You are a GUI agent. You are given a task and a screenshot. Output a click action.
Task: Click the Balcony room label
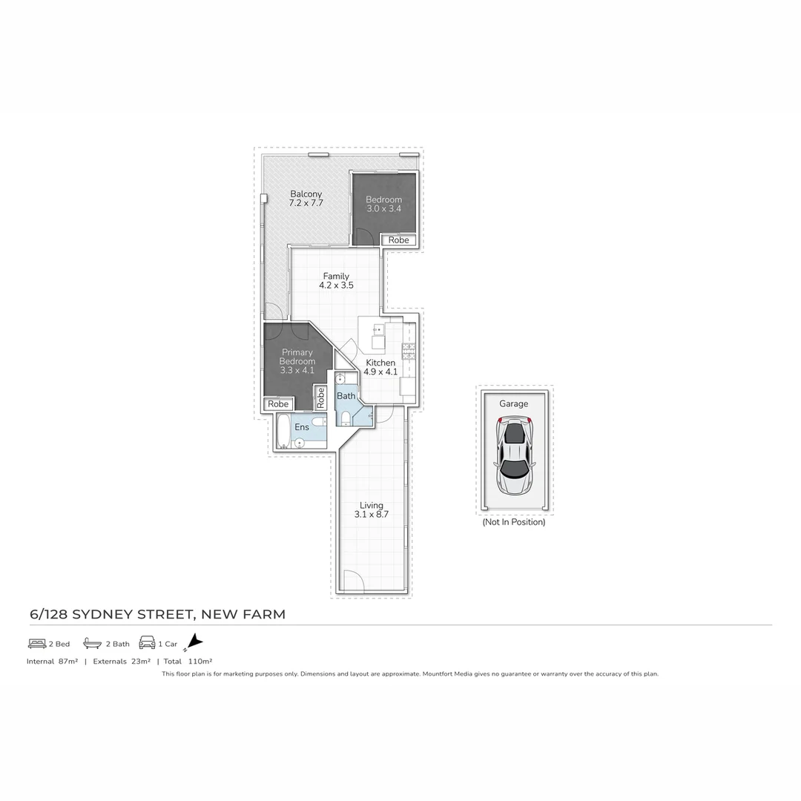pyautogui.click(x=306, y=198)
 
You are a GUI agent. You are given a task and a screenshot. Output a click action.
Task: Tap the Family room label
pyautogui.click(x=336, y=280)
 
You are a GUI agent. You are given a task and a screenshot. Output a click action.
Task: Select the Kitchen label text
pyautogui.click(x=380, y=367)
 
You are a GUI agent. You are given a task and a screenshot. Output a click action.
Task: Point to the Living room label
pyautogui.click(x=372, y=510)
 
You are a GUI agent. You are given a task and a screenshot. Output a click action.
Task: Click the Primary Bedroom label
pyautogui.click(x=297, y=361)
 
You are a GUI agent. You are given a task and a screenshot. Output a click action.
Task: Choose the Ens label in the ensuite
pyautogui.click(x=302, y=427)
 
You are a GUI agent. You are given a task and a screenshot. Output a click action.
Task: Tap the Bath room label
pyautogui.click(x=346, y=396)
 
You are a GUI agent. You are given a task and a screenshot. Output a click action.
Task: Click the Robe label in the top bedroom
pyautogui.click(x=398, y=240)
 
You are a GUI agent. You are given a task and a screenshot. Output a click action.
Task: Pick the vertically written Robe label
pyautogui.click(x=320, y=398)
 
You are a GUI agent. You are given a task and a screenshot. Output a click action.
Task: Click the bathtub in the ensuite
pyautogui.click(x=283, y=432)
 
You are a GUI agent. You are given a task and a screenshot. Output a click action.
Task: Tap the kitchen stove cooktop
pyautogui.click(x=407, y=351)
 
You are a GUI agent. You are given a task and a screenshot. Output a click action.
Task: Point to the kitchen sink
pyautogui.click(x=378, y=336)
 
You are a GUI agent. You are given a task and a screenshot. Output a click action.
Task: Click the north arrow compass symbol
pyautogui.click(x=194, y=642)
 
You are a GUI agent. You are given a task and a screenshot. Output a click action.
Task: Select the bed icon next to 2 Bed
pyautogui.click(x=37, y=643)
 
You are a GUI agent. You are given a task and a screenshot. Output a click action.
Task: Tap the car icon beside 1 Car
pyautogui.click(x=147, y=643)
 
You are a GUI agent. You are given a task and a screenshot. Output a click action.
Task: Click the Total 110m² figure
pyautogui.click(x=188, y=661)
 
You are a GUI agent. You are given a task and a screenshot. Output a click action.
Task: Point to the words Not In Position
pyautogui.click(x=514, y=522)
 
